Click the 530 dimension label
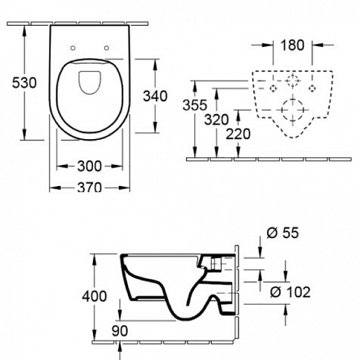(24, 83)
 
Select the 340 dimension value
(155, 96)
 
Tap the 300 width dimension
(89, 166)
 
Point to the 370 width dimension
(89, 187)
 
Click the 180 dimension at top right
(292, 45)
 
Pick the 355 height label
(195, 105)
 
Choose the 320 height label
(217, 120)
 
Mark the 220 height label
(238, 134)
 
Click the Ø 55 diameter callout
(282, 233)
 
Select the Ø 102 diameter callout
(290, 291)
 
